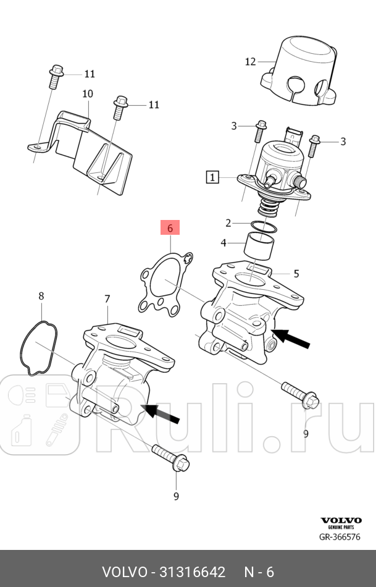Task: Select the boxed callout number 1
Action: pos(212,178)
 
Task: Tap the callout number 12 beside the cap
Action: pos(250,61)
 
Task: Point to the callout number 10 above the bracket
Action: pos(87,94)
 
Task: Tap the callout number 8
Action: pos(41,296)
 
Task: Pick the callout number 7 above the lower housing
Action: pos(107,299)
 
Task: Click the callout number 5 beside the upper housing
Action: pos(296,273)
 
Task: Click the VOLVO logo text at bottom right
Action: pos(340,521)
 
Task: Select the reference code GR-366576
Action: pos(340,537)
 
